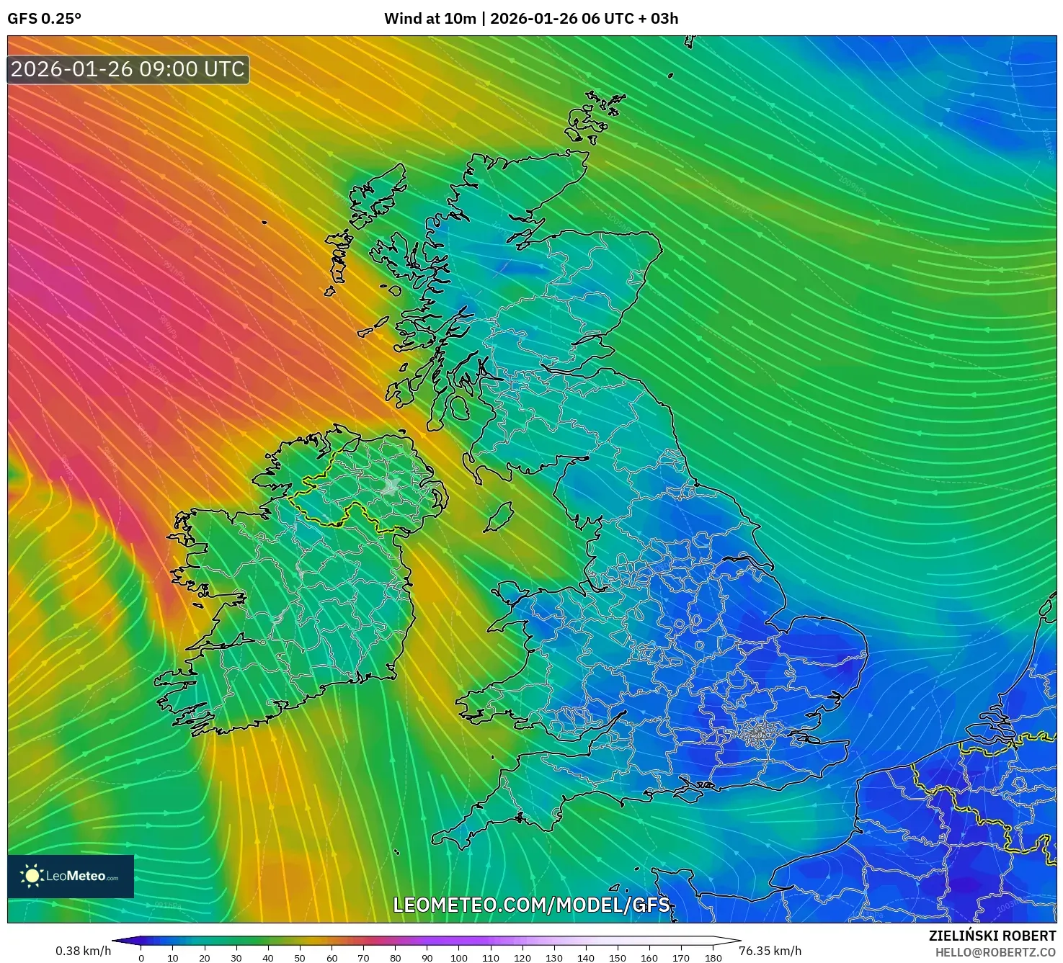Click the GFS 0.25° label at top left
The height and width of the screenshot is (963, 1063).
click(44, 19)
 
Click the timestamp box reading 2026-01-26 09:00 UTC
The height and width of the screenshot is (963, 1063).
click(128, 69)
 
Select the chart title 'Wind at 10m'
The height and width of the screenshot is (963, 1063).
click(430, 19)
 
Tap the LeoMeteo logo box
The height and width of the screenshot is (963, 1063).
click(71, 876)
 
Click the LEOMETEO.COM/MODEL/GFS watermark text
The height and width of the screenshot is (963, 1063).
click(531, 905)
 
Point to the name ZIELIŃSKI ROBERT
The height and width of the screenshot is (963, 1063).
click(992, 936)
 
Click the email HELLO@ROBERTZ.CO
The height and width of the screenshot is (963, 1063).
click(995, 952)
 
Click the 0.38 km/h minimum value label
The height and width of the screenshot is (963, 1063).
click(83, 951)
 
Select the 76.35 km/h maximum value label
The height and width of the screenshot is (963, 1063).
click(770, 951)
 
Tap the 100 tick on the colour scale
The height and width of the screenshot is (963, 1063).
click(458, 958)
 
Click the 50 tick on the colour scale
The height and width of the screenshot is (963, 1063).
click(300, 958)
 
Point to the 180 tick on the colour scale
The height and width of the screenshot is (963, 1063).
click(713, 958)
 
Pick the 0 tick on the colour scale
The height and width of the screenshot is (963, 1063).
click(141, 958)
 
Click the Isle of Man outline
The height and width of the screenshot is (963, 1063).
click(497, 517)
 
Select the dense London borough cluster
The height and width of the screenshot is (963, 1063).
click(757, 733)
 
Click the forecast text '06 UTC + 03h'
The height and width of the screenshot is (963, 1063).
click(630, 19)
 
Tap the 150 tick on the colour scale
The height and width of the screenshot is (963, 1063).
click(617, 958)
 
